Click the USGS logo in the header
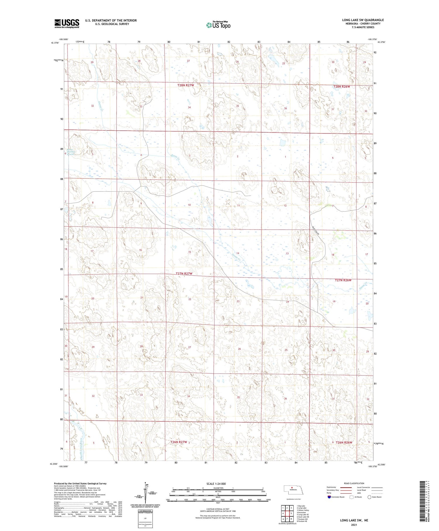[x=67, y=23]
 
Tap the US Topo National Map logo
[x=218, y=25]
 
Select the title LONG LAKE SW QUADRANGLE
[x=363, y=20]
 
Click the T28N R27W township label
[x=186, y=85]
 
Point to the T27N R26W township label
[x=343, y=280]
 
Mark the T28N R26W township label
[x=342, y=87]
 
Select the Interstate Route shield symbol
[x=329, y=497]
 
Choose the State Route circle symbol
[x=370, y=497]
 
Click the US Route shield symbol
[x=351, y=497]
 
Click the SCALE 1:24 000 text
[x=216, y=484]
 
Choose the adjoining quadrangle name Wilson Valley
[x=303, y=510]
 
